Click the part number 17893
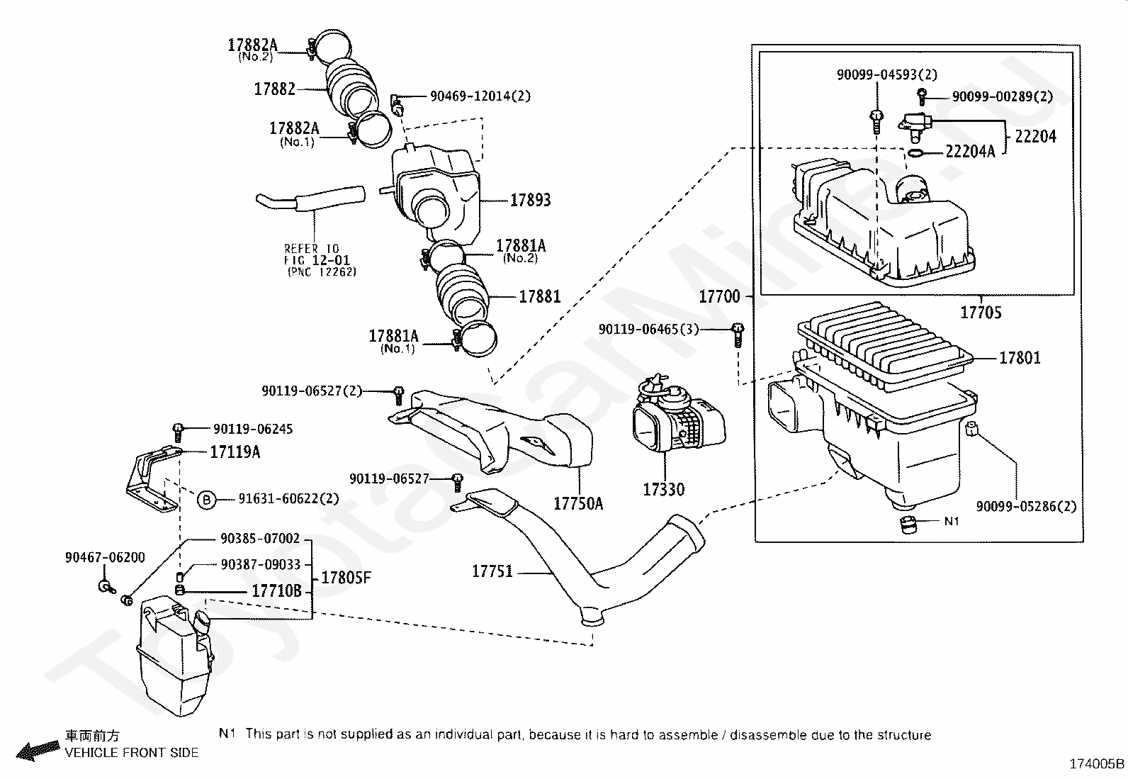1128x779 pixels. tap(530, 200)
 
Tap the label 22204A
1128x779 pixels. tap(971, 151)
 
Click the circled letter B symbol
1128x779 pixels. tap(206, 500)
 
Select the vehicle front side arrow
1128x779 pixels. tap(38, 750)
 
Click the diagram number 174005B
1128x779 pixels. tap(1096, 764)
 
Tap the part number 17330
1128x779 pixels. tap(663, 489)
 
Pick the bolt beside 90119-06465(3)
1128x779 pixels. tap(738, 334)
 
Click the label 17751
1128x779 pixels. tap(492, 571)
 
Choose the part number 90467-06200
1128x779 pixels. tap(105, 557)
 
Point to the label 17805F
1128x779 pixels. tap(346, 578)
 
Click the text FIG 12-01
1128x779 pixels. tap(317, 260)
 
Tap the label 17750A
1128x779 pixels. tap(578, 503)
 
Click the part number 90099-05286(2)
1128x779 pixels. tap(1026, 506)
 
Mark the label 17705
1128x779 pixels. tap(981, 313)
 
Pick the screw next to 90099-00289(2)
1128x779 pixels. tap(922, 95)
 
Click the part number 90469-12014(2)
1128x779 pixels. tap(480, 96)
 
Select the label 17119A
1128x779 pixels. tap(235, 452)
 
